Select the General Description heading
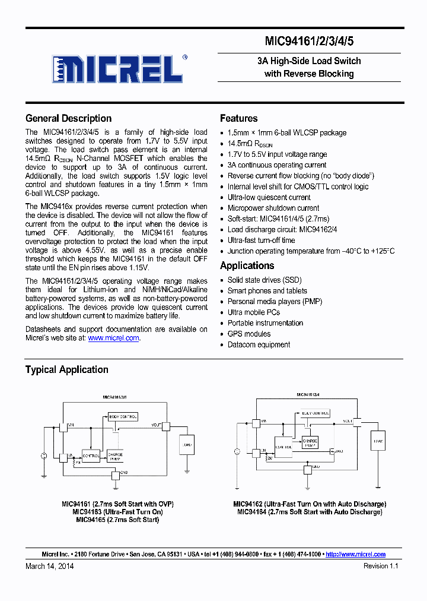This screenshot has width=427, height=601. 68,118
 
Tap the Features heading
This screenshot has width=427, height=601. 238,118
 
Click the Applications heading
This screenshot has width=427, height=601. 247,265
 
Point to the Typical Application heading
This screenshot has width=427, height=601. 66,369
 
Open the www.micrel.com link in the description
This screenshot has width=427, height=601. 113,338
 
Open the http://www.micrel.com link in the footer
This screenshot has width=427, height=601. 355,554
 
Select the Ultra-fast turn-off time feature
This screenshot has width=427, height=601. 261,241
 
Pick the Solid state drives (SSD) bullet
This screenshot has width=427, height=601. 263,280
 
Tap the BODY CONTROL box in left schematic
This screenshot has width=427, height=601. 123,417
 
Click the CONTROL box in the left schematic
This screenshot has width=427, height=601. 91,456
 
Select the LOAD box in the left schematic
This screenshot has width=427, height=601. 187,445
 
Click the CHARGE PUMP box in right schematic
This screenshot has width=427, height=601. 310,442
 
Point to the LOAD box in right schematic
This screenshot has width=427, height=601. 377,440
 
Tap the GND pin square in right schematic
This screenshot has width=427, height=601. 308,470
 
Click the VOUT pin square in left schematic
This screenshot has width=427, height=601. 165,426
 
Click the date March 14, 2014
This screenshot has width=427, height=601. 50,566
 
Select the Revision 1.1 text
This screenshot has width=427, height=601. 381,566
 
